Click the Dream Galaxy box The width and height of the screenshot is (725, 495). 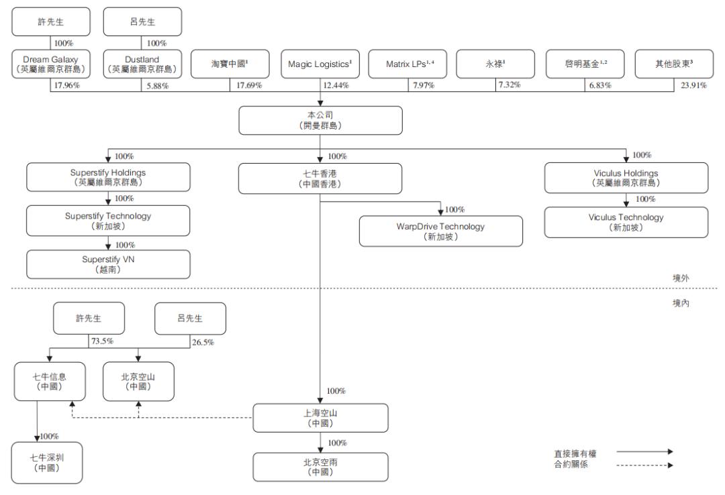tap(51, 64)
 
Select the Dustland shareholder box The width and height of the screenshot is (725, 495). tap(142, 64)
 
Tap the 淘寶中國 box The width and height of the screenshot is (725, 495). tap(231, 64)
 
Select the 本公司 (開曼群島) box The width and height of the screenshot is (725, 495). tap(321, 120)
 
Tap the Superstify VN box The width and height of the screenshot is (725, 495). tap(109, 264)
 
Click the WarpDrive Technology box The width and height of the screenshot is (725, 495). tap(440, 231)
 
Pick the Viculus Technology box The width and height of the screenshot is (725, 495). tap(626, 222)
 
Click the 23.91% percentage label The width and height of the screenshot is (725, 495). tap(694, 85)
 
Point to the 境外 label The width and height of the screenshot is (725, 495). tap(681, 276)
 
